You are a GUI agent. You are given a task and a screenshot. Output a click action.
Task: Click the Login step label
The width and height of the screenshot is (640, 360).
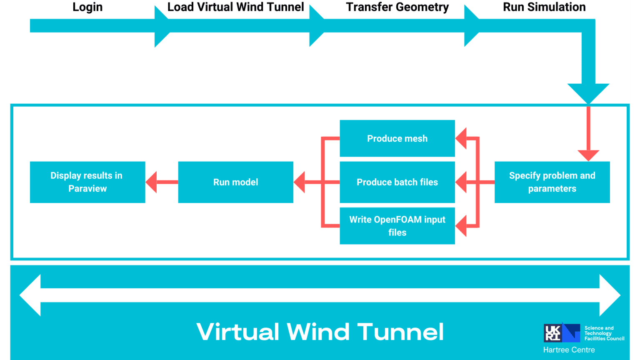87,7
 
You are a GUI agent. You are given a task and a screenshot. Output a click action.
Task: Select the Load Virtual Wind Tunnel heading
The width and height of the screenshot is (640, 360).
235,7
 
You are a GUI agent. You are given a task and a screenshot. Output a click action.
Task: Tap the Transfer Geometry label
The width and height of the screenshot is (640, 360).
397,7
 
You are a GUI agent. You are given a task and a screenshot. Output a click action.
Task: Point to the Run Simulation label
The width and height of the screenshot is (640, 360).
544,7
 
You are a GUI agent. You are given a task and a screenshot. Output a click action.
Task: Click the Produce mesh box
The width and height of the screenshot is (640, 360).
397,138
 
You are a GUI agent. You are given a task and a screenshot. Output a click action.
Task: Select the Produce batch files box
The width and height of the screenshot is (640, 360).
397,182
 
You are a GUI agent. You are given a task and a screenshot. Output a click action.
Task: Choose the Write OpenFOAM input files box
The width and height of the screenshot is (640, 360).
397,226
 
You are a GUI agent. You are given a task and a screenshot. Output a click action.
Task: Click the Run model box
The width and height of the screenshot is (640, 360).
235,182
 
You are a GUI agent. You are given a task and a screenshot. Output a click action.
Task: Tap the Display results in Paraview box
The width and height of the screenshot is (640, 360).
87,182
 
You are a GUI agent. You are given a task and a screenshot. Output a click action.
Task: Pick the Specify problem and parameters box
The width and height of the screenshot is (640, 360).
552,182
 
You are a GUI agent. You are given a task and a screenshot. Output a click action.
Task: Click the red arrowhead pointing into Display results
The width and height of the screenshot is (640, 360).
152,182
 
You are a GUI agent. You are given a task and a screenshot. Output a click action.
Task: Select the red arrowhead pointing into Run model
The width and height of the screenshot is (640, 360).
300,182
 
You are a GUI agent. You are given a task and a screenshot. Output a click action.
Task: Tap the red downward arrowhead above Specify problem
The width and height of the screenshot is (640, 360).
588,155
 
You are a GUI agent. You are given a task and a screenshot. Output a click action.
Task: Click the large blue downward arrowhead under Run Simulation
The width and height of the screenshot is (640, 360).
588,92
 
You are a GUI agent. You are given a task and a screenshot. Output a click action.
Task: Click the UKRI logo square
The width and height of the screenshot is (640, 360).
553,333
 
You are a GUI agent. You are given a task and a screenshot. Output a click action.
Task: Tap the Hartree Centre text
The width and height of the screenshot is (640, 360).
569,350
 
